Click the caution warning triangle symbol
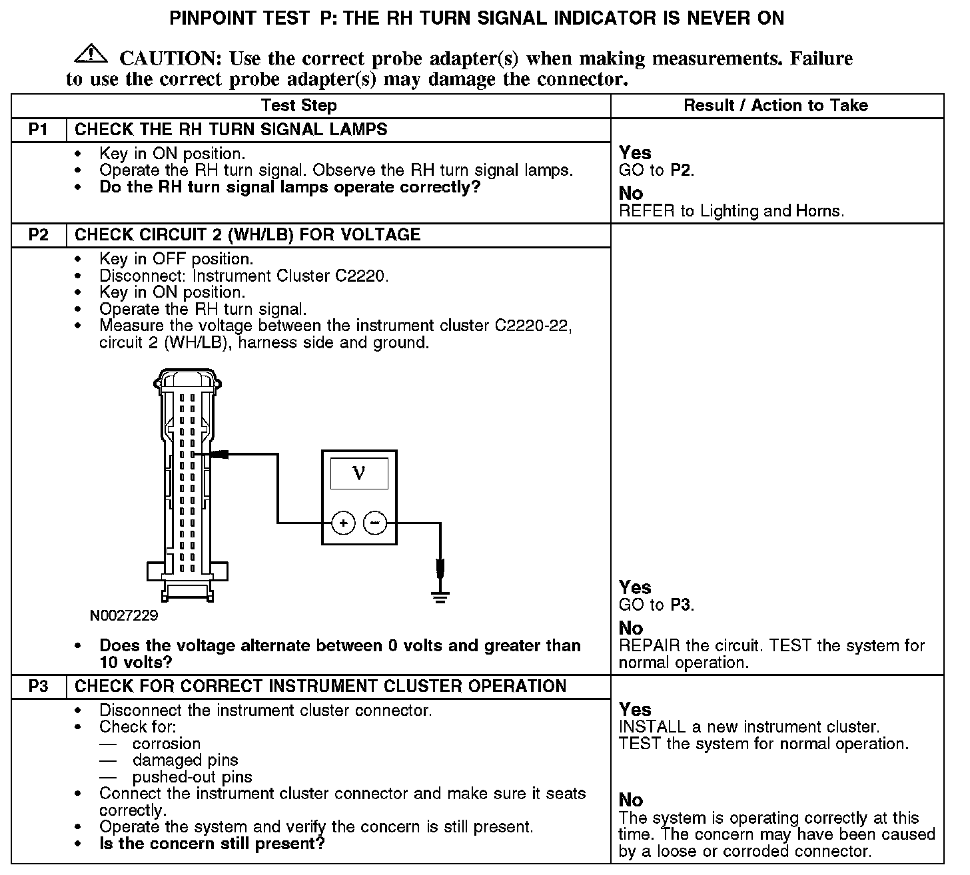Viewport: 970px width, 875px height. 95,55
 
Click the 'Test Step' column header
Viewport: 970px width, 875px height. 298,105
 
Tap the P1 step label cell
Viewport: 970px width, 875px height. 39,129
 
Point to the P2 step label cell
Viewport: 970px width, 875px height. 39,234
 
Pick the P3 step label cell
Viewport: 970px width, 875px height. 39,686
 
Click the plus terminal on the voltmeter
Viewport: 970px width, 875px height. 343,523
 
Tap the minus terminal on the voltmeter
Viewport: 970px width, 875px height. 375,523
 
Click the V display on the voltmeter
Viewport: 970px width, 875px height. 359,473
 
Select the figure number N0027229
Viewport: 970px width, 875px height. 124,615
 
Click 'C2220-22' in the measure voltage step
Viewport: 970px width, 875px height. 533,326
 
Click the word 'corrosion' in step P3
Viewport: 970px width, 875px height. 166,743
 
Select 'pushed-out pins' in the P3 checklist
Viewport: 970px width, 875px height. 192,776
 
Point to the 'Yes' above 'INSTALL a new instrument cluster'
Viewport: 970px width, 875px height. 635,709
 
